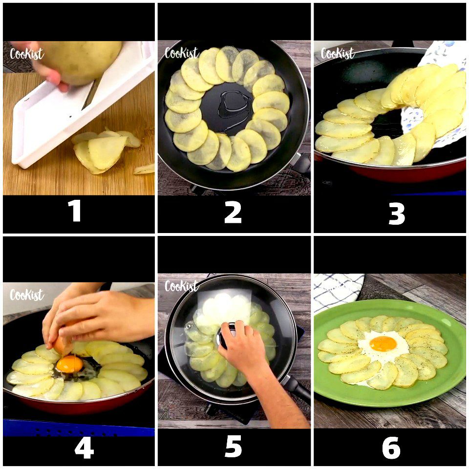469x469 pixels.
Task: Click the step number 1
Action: coord(74,211)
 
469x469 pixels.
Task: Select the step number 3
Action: coord(397,213)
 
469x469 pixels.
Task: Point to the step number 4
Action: coord(84,448)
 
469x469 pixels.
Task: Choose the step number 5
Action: coord(233,447)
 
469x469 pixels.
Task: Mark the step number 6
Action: coord(391,448)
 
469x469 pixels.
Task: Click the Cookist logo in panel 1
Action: coord(26,54)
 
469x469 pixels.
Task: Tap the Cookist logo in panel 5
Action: coord(182,286)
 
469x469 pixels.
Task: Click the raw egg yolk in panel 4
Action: coord(69,364)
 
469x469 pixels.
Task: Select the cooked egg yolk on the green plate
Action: coord(383,343)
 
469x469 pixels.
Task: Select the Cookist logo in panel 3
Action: coord(338,53)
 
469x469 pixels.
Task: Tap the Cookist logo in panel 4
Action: coord(26,295)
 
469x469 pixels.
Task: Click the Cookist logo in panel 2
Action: coord(182,53)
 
